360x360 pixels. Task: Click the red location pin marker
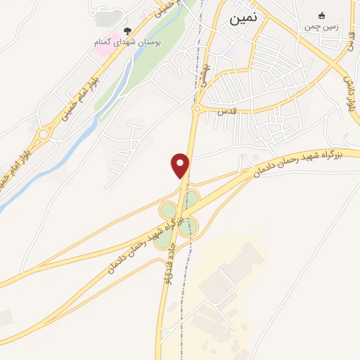click(181, 165)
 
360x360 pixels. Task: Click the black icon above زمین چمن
click(322, 16)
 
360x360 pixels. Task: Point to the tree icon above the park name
click(127, 30)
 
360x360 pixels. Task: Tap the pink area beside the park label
click(102, 51)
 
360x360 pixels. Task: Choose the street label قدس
click(225, 112)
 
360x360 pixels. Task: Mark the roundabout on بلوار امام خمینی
click(44, 134)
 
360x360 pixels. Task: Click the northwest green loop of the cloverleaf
click(167, 210)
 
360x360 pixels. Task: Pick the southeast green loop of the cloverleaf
click(191, 226)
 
